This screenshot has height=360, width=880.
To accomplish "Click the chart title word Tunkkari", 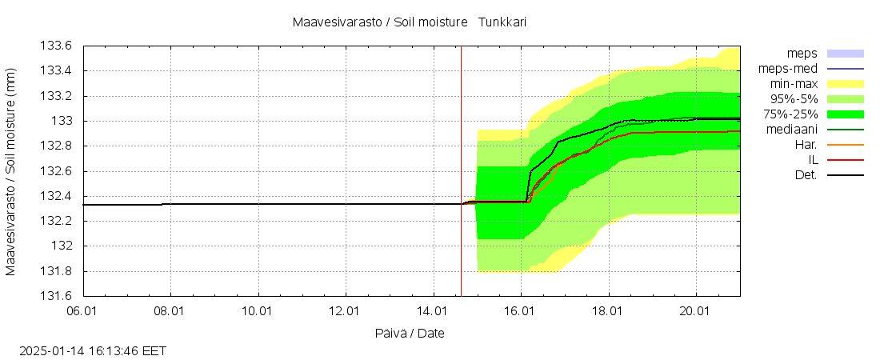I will [x=502, y=22].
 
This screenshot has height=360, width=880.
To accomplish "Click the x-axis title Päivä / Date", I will [x=410, y=333].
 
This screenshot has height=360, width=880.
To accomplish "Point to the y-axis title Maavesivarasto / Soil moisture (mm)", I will [x=11, y=171].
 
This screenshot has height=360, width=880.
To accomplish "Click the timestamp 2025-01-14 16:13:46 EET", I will [x=93, y=350].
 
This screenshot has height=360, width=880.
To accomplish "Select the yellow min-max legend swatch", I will [x=846, y=83].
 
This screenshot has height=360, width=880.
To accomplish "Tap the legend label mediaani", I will [x=791, y=129].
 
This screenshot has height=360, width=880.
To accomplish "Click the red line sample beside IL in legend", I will [x=846, y=159].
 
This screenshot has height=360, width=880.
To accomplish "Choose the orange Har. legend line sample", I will [x=846, y=144].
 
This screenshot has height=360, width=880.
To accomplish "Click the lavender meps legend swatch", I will [x=846, y=53].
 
